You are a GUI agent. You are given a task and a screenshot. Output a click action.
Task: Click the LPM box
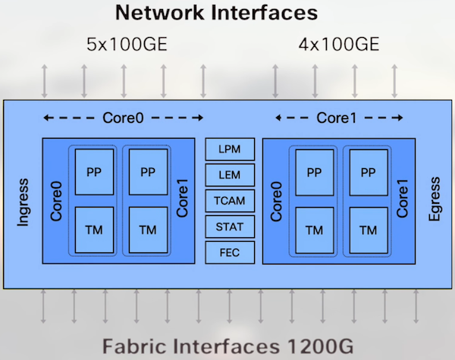point(230,149)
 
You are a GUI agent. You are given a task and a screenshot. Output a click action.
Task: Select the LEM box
point(230,175)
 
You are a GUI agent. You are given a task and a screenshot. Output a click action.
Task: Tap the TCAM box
point(230,201)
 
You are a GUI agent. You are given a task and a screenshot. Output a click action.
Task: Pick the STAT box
point(230,227)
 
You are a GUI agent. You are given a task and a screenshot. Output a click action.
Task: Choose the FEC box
point(230,252)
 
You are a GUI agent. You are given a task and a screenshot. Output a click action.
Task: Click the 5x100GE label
point(127,45)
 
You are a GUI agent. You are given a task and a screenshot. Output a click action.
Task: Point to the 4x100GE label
point(339,45)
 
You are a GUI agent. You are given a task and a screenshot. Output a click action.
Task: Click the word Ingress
point(23,202)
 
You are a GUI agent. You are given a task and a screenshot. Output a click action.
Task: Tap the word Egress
point(435,199)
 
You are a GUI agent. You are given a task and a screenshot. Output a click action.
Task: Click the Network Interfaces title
point(216,12)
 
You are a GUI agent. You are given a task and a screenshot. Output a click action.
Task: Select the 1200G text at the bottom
point(320,346)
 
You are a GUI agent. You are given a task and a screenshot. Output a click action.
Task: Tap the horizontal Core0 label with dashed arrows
point(123,117)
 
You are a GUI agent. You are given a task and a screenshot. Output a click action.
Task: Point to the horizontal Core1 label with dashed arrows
point(336,117)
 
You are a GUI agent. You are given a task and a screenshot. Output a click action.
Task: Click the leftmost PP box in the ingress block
point(94,172)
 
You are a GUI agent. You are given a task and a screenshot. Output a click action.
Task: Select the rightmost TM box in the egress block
point(369,230)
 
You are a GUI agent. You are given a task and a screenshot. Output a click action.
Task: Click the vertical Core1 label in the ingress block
point(182,198)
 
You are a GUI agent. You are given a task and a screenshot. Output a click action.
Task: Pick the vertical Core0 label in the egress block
point(276,202)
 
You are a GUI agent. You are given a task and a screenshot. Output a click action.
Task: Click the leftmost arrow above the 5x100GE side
point(44,81)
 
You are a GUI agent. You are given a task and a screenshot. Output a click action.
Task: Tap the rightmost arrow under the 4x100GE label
point(394,81)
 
